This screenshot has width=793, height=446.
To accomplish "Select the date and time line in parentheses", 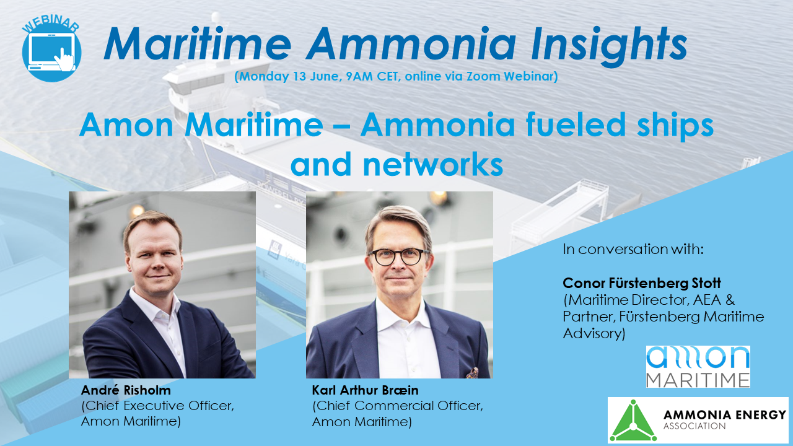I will tap(396, 77).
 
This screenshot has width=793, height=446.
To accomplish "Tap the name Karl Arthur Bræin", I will tap(366, 391).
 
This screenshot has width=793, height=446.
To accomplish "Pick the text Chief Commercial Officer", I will tap(397, 407).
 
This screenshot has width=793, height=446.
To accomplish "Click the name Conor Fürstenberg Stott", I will tap(642, 284).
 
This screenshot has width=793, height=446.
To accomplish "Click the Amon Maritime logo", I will tap(698, 367).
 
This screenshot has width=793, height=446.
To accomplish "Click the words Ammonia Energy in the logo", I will tap(724, 414).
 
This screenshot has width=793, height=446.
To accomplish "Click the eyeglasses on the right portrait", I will tap(397, 255).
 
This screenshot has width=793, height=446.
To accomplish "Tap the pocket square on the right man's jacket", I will tap(472, 373).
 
